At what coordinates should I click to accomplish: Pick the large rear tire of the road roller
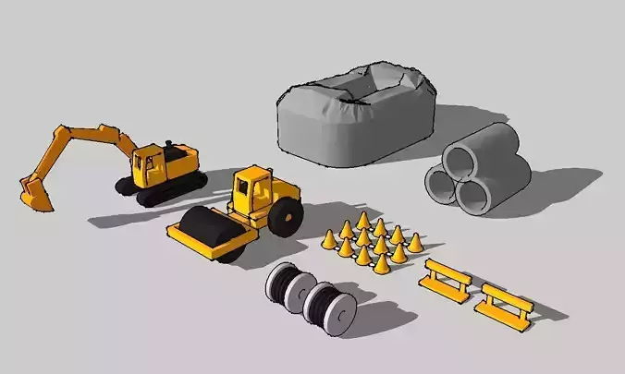point(287,217)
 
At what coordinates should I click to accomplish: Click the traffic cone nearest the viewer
point(381,263)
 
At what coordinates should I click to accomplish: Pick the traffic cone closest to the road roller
point(330,239)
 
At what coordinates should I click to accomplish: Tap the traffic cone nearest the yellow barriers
point(415,243)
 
